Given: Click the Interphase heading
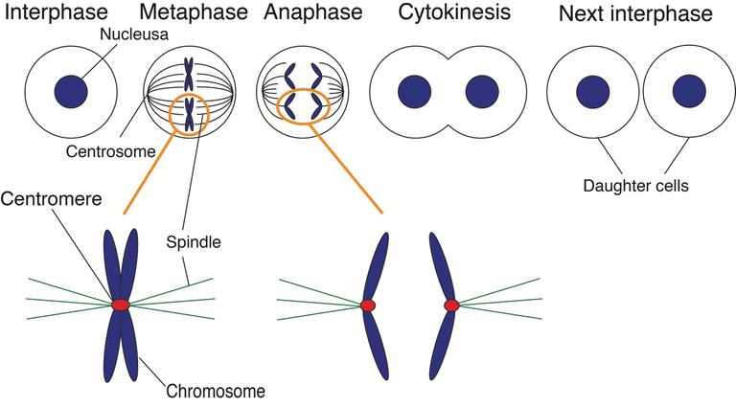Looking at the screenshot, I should [59, 14].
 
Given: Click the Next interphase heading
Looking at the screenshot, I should [636, 14].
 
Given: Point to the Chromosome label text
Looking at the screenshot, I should [216, 391].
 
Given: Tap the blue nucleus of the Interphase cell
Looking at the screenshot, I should [71, 92].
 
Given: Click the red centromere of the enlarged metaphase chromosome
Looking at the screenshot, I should [121, 304].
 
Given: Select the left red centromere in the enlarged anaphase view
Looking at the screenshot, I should [367, 305].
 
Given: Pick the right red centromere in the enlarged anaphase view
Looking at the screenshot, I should [451, 305].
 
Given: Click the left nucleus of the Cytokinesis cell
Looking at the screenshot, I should [414, 92].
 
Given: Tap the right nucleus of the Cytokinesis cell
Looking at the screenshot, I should [482, 92].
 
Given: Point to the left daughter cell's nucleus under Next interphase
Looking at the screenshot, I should [592, 92].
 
